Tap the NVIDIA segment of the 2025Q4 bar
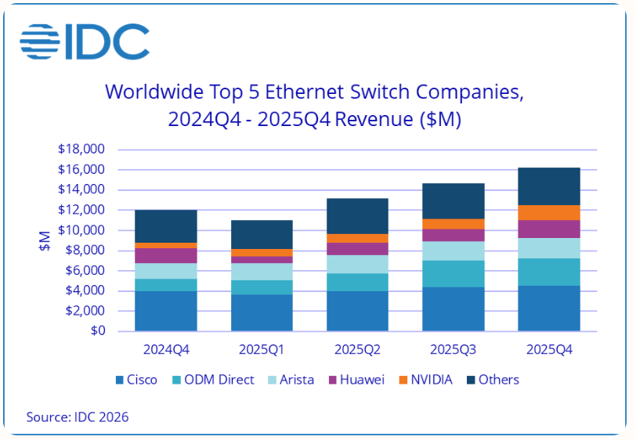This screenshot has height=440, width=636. pos(548,212)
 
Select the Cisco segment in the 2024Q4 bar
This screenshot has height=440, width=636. pos(165,311)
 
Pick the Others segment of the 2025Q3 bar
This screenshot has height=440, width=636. pos(453,200)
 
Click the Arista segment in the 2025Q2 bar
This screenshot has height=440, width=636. pos(357,264)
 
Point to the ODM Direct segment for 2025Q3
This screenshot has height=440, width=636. pos(453,273)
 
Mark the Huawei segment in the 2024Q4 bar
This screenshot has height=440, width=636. pos(165,255)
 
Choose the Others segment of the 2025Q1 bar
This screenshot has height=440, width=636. pos(261,234)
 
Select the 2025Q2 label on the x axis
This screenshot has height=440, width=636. pos(357,350)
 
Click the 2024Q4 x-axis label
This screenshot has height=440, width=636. pos(165,350)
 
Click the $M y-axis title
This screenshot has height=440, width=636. pos(45,240)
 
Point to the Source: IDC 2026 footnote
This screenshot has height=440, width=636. pos(78,417)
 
